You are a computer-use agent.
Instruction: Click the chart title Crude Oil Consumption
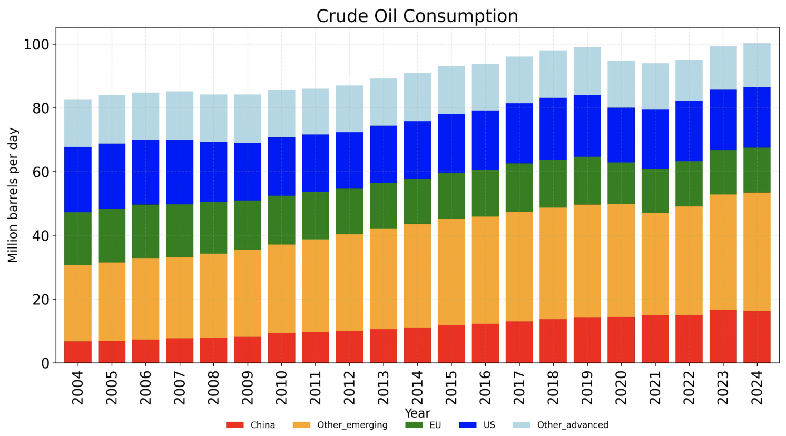tap(417, 16)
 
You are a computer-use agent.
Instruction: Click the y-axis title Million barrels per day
tap(13, 195)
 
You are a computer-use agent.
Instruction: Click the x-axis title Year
tap(417, 413)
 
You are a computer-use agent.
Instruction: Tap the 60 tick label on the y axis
tap(40, 172)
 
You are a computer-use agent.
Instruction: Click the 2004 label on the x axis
tap(77, 388)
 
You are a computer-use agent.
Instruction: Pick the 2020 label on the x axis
tap(621, 388)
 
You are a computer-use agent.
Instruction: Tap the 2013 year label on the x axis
tap(383, 388)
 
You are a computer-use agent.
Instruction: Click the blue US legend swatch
tap(468, 425)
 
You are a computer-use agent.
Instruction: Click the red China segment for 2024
tap(756, 336)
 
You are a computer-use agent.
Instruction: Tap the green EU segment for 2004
tap(77, 239)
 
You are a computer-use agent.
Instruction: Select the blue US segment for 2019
tap(587, 126)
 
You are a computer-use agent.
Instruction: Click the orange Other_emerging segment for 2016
tap(485, 270)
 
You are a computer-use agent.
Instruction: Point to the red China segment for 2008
tap(213, 350)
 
